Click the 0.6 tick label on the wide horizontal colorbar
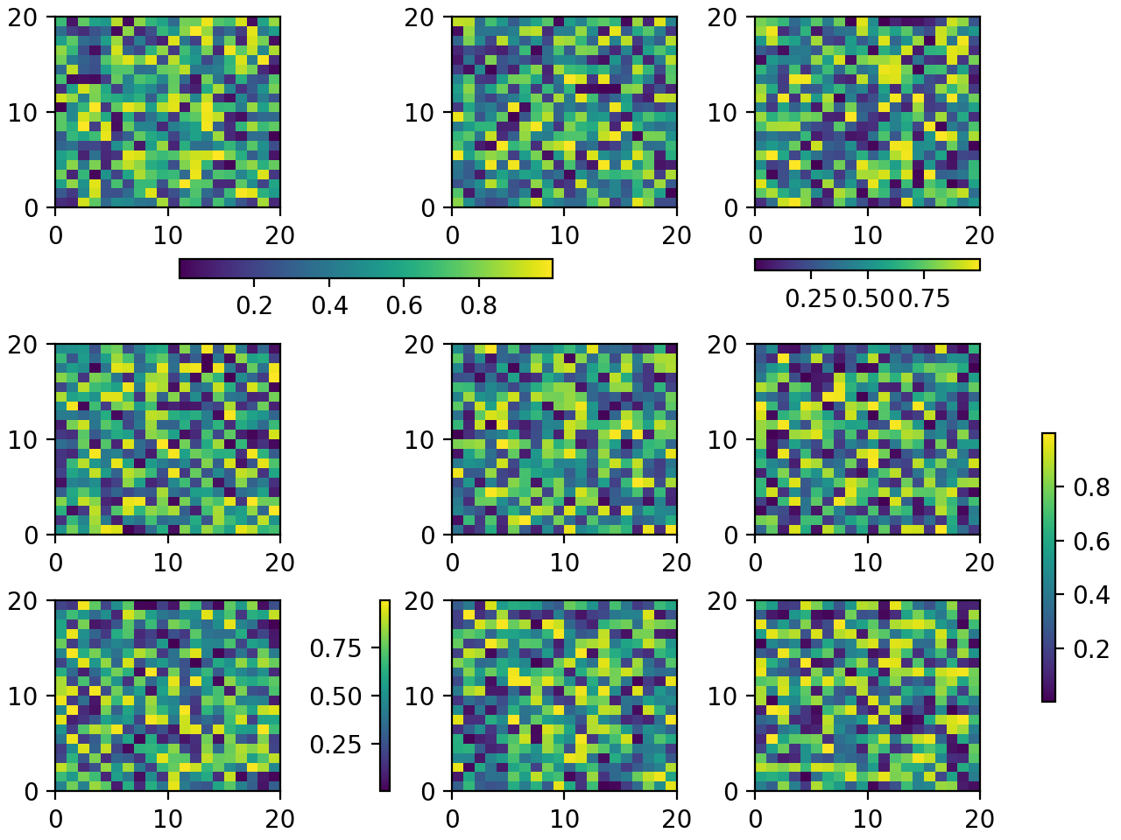[403, 305]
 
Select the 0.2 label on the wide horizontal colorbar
[254, 305]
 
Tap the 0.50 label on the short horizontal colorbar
[867, 299]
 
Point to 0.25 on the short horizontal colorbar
[811, 299]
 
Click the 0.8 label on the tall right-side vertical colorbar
[1091, 487]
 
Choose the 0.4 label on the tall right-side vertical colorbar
[1091, 595]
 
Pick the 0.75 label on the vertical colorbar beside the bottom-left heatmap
[335, 648]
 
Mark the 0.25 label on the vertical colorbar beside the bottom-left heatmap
[335, 745]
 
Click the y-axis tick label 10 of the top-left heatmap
[25, 113]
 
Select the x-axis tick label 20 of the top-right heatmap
[979, 235]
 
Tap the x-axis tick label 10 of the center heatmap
[564, 563]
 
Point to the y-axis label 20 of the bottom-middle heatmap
[421, 601]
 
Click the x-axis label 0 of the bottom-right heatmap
[755, 819]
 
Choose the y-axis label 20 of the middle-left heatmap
[25, 345]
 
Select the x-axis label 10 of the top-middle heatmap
[564, 235]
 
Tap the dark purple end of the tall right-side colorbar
[1048, 695]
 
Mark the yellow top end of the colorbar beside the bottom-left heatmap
[384, 605]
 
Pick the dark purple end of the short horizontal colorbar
[760, 264]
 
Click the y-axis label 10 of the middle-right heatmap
[724, 440]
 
